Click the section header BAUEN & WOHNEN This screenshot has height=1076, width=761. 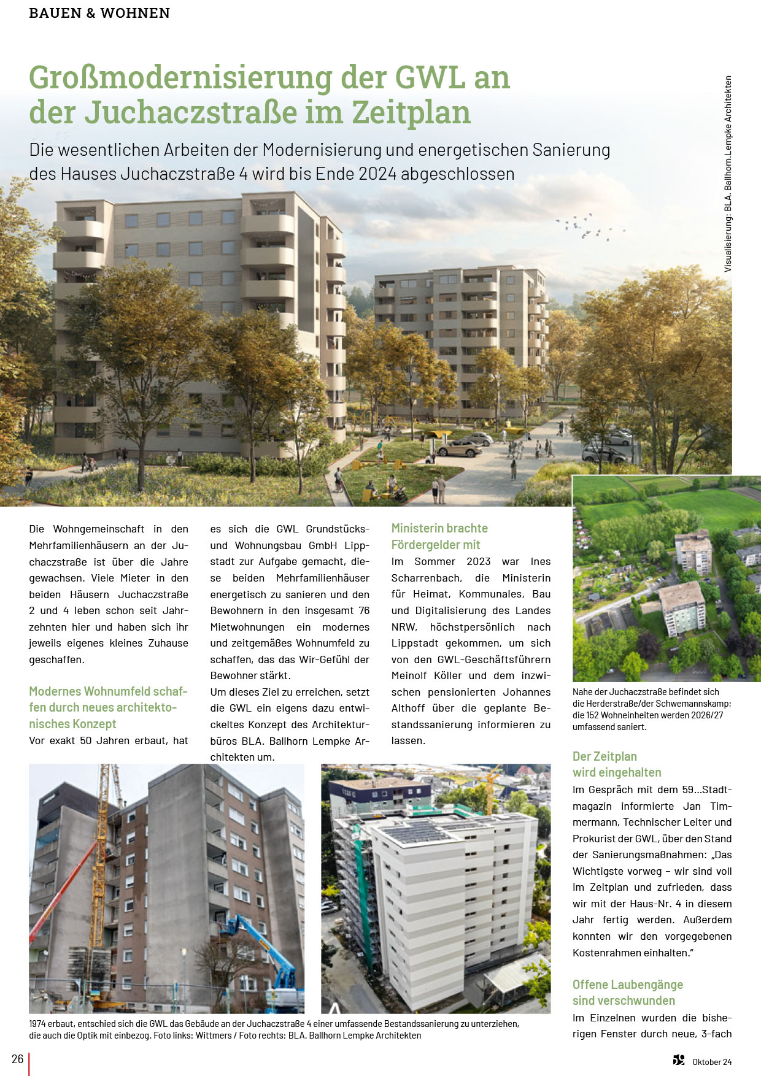pos(99,13)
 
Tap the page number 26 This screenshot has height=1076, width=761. pos(17,1059)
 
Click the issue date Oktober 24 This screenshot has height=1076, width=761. pos(712,1062)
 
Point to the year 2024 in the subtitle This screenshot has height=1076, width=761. pos(377,174)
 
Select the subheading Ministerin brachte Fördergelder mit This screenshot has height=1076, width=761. pos(439,536)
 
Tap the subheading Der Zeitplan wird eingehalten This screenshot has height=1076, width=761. pos(616,764)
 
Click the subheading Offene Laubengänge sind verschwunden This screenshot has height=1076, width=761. pos(627,993)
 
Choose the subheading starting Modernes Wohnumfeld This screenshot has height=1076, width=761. pos(108,707)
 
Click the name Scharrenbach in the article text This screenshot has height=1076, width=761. pos(426,578)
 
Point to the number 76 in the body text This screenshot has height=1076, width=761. pos(364,610)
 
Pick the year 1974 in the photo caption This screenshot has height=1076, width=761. pos(39,1024)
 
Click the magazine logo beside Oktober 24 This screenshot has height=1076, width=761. pos(678,1060)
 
